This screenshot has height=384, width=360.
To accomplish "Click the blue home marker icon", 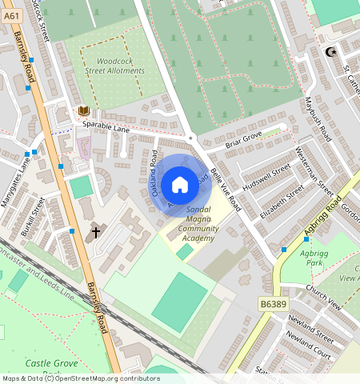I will (x=180, y=185).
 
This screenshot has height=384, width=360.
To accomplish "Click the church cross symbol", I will (x=96, y=233).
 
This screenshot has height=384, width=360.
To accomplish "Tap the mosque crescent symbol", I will (x=330, y=53).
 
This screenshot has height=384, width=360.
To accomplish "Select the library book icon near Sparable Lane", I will (x=82, y=111).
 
